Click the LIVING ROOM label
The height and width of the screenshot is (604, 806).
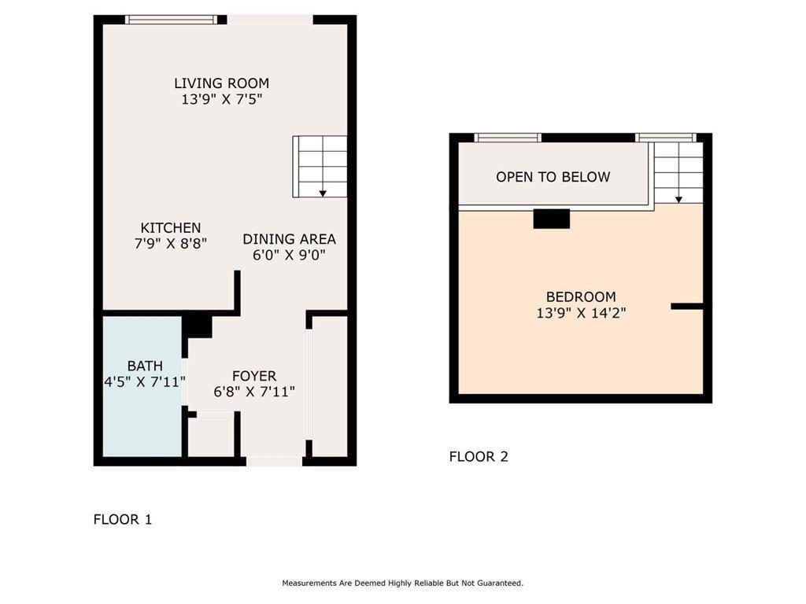[221, 83]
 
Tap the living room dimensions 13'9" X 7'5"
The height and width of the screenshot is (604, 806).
[221, 100]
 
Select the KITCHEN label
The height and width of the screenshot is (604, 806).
[171, 227]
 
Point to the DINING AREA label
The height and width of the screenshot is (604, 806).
[289, 239]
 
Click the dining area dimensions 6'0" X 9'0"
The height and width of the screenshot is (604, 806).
[289, 256]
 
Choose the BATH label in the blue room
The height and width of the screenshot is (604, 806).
[145, 366]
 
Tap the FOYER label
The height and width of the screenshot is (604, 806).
[254, 376]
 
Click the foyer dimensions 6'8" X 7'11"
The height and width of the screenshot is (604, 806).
[254, 392]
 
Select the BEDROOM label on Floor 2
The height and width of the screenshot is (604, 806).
[581, 296]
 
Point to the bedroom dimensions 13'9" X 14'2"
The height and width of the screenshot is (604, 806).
[581, 313]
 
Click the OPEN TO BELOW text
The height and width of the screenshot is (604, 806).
[553, 177]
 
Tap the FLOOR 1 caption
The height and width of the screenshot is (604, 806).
[122, 519]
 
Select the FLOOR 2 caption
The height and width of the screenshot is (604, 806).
[478, 456]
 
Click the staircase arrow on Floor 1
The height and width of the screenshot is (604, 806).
[323, 192]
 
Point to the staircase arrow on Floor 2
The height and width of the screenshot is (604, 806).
[678, 198]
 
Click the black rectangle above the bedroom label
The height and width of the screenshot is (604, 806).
[551, 219]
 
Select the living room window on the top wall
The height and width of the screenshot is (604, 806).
[171, 20]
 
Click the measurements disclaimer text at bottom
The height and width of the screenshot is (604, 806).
[402, 584]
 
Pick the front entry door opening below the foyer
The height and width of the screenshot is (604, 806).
[274, 461]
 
